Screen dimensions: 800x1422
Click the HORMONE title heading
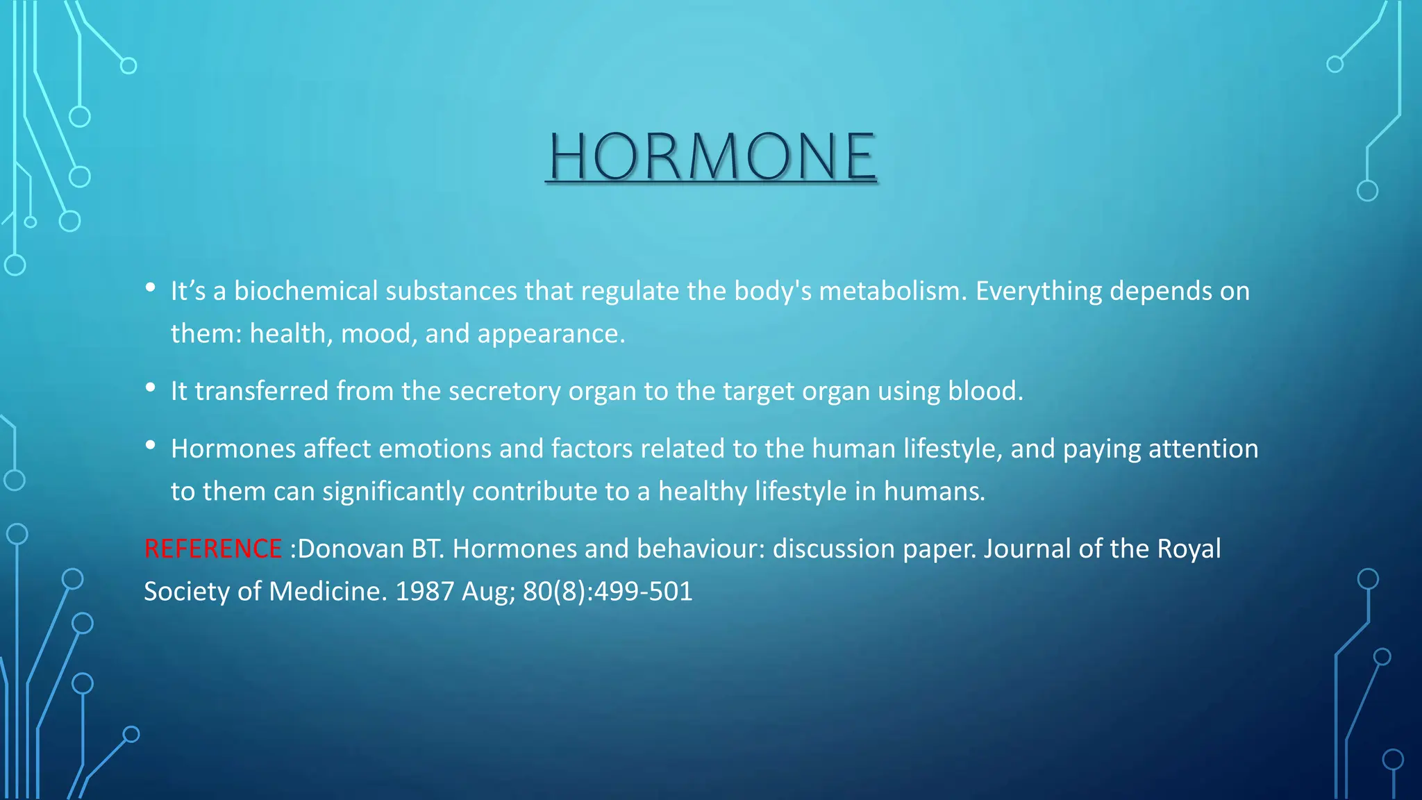click(x=712, y=156)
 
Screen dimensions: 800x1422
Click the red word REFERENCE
click(x=212, y=549)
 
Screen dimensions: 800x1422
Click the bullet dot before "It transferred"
click(x=151, y=388)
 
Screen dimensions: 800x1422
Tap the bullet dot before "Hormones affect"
click(x=151, y=446)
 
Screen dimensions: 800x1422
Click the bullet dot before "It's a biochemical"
click(x=151, y=287)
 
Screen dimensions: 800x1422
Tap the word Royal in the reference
click(x=1189, y=549)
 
